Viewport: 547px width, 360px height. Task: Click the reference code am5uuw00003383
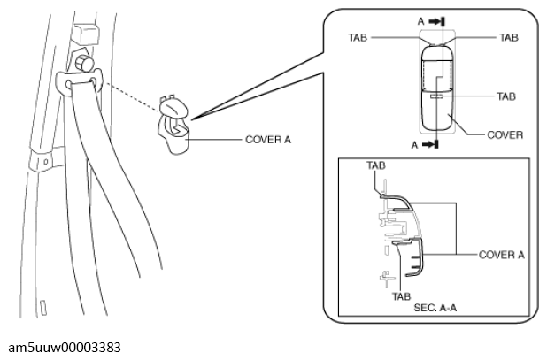[65, 348]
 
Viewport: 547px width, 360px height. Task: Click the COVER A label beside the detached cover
[268, 140]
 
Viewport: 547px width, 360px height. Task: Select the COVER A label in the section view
[501, 255]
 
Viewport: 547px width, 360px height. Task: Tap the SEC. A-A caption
[435, 308]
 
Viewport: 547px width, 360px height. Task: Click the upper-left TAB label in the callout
[358, 38]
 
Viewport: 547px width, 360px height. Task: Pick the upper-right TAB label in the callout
[509, 38]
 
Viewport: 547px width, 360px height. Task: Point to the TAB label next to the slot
[506, 96]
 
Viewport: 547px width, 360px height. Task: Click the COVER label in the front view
[505, 134]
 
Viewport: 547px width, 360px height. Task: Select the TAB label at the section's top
[376, 165]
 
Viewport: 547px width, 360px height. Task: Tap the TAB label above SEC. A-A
[402, 296]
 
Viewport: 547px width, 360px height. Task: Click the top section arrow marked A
[436, 21]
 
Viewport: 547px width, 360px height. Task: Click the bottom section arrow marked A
[430, 144]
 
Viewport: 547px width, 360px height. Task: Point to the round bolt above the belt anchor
[84, 63]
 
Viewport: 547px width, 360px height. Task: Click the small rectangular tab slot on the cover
[436, 96]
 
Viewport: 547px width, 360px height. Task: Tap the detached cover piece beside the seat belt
[174, 125]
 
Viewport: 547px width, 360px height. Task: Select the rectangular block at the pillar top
[85, 34]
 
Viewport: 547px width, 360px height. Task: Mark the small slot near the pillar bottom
[43, 308]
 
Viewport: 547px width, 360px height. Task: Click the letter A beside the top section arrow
[421, 21]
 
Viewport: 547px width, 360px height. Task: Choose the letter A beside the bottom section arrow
[414, 145]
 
